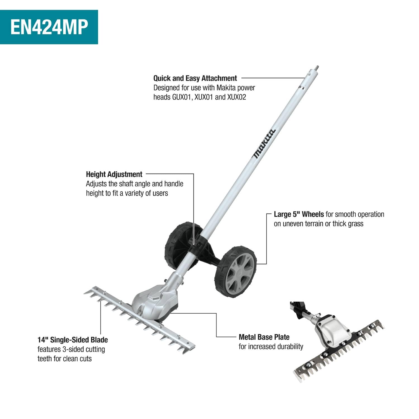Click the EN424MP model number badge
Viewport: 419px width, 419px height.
click(x=49, y=27)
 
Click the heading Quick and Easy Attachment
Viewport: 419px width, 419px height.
click(x=195, y=78)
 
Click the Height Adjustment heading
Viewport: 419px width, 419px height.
click(x=114, y=174)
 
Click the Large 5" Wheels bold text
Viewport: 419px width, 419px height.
click(x=299, y=214)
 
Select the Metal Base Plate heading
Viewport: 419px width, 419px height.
click(x=264, y=337)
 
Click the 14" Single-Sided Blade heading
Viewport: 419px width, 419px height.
click(x=73, y=340)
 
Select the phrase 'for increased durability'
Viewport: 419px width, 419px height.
click(x=271, y=347)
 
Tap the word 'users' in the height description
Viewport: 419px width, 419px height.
click(x=160, y=193)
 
